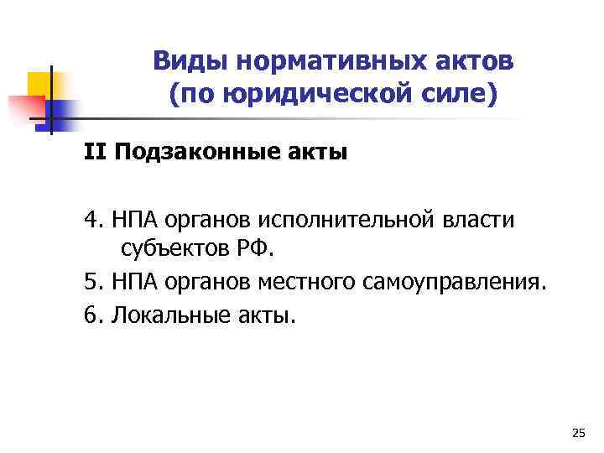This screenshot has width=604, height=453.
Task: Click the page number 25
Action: pyautogui.click(x=577, y=433)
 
